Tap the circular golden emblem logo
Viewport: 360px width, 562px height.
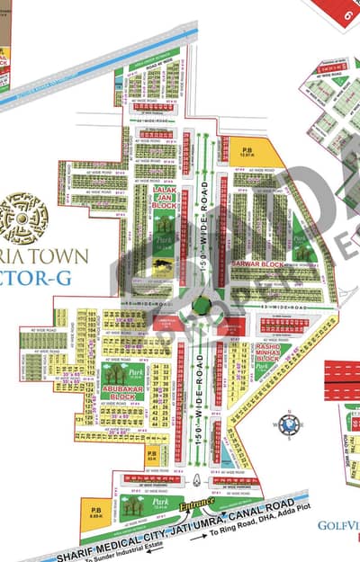pos(24,217)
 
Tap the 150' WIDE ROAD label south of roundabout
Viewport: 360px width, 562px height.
pos(200,399)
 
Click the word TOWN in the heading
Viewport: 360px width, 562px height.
pos(67,256)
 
